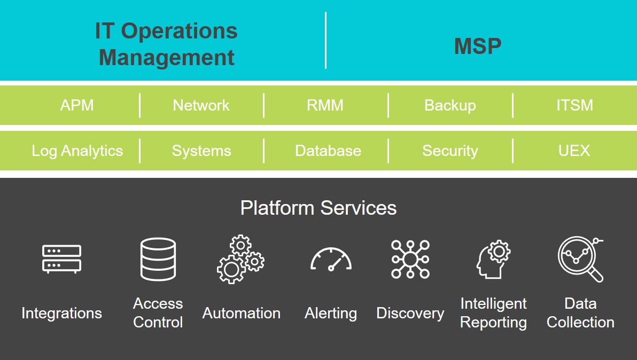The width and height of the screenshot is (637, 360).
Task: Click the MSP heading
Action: pos(478,46)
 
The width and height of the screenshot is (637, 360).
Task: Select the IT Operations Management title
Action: pos(166,44)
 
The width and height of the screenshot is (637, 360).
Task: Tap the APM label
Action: pos(77,105)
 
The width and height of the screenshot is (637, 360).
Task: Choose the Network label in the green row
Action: pos(201,105)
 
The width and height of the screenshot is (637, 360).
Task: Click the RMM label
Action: pos(325,105)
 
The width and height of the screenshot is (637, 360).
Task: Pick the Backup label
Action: pos(450,105)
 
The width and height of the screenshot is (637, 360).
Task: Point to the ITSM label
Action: pos(574,105)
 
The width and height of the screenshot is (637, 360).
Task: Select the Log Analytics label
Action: pos(77,151)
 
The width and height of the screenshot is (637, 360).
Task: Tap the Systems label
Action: pos(201,151)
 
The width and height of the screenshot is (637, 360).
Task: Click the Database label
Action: pos(328,151)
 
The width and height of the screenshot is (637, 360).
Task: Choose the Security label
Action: pos(450,151)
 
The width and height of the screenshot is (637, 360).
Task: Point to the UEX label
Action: pos(574,151)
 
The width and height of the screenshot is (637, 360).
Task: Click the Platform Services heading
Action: pos(318,208)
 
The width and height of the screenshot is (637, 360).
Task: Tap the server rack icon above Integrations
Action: pos(61,259)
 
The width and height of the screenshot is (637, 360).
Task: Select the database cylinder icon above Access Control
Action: pos(158,259)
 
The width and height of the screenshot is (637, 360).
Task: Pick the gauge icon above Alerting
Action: pos(331,260)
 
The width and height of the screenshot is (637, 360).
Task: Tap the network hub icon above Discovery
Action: pos(410,259)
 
